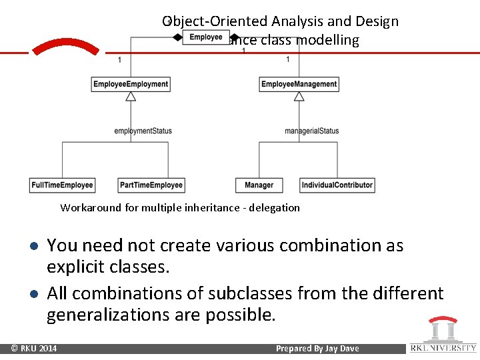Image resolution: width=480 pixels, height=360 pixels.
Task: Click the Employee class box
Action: [x=205, y=37]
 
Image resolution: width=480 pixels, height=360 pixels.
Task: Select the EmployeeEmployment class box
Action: [x=131, y=84]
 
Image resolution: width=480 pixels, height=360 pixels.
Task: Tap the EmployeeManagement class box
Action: [x=299, y=84]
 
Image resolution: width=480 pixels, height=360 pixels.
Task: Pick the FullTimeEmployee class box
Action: [x=62, y=185]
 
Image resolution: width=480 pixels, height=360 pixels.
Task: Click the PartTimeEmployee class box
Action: [x=151, y=185]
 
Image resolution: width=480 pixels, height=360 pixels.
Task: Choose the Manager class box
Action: [x=259, y=185]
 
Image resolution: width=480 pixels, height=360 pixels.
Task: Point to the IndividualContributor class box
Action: [x=337, y=185]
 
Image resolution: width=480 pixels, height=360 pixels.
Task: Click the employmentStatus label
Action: [x=143, y=131]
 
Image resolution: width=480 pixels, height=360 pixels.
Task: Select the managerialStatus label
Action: [x=311, y=131]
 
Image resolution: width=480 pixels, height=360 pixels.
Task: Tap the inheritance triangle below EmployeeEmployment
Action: [x=131, y=97]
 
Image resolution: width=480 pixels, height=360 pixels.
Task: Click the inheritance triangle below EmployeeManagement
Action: [x=299, y=97]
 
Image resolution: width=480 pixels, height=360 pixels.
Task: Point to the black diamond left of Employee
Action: [x=178, y=37]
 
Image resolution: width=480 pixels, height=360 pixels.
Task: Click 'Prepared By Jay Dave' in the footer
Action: [x=317, y=348]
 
